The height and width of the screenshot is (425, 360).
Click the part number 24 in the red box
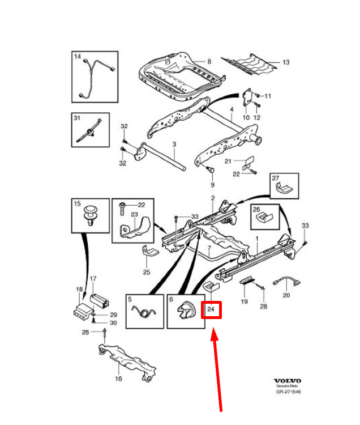pyautogui.click(x=211, y=309)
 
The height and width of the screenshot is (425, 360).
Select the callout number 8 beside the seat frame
pyautogui.click(x=208, y=61)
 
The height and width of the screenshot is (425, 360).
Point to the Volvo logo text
pyautogui.click(x=288, y=381)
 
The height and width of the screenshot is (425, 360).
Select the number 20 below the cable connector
pyautogui.click(x=286, y=295)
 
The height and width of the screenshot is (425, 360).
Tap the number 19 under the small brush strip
pyautogui.click(x=245, y=301)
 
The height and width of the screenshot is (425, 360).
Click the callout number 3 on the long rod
pyautogui.click(x=174, y=145)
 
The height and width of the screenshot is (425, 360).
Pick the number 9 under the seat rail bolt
pyautogui.click(x=213, y=185)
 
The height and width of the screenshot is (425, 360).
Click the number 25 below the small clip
pyautogui.click(x=146, y=273)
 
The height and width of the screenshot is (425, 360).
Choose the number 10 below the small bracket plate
pyautogui.click(x=246, y=117)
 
